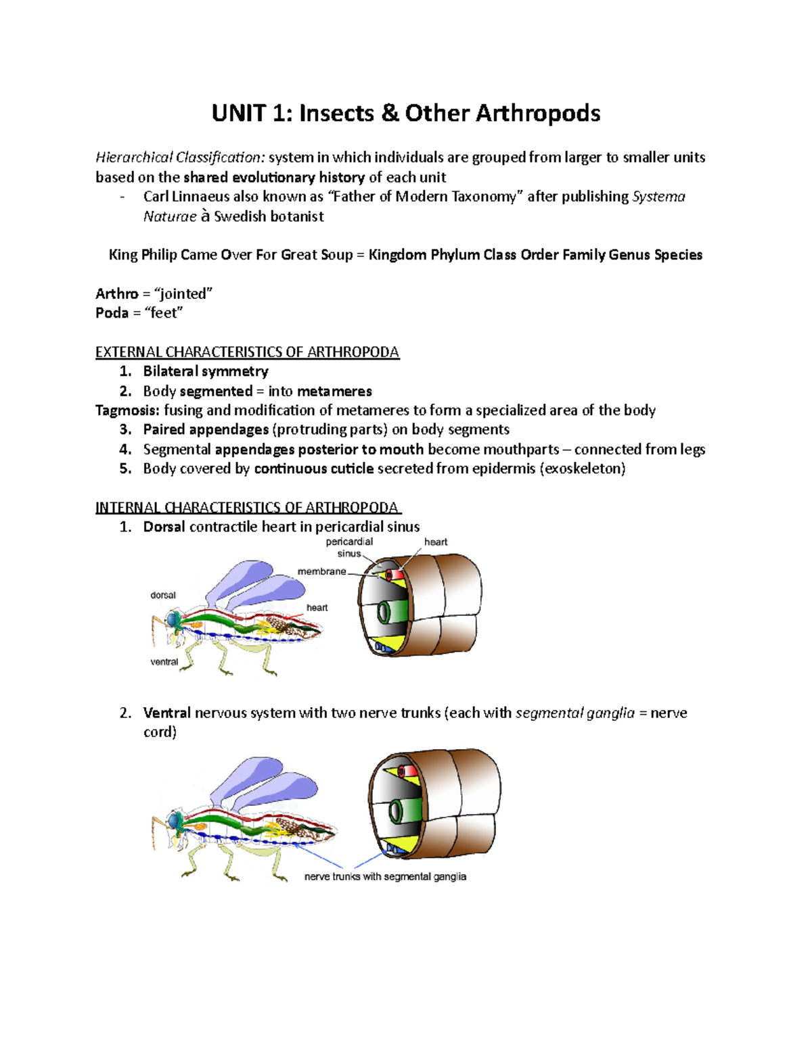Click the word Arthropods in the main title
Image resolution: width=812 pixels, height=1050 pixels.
[x=537, y=113]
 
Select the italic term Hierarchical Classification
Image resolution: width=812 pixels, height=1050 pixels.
[x=180, y=158]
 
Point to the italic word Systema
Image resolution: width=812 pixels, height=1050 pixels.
[x=658, y=197]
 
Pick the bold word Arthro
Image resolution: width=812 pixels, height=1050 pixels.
[x=116, y=294]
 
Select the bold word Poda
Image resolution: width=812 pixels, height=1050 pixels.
[x=112, y=313]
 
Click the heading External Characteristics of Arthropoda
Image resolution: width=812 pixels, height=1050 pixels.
[x=247, y=352]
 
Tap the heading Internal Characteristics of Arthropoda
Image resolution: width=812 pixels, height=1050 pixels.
[x=247, y=508]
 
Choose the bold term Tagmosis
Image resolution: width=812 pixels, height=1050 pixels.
[x=127, y=410]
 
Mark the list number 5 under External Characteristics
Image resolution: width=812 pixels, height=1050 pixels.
[x=125, y=469]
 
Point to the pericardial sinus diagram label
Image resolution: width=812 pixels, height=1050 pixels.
[x=348, y=547]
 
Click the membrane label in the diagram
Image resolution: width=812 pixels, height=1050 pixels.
[x=321, y=571]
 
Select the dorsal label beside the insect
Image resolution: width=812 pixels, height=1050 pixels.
[x=162, y=595]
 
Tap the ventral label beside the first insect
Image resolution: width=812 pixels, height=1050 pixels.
[x=164, y=662]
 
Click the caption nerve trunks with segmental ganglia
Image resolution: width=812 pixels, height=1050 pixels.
[x=385, y=876]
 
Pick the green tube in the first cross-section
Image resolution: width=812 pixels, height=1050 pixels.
[x=386, y=612]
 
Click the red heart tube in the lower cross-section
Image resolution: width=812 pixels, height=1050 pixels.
[x=407, y=771]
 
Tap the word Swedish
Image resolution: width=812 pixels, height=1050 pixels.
[x=240, y=216]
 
